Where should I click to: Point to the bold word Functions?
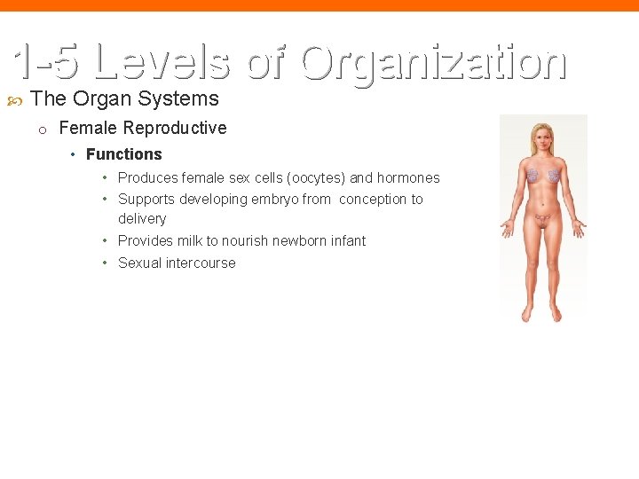pyautogui.click(x=124, y=154)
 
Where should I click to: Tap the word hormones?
pyautogui.click(x=408, y=177)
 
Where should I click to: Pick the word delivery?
pyautogui.click(x=142, y=219)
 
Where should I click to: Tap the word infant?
pyautogui.click(x=347, y=241)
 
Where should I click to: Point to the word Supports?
pyautogui.click(x=146, y=200)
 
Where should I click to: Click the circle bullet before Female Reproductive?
pyautogui.click(x=42, y=130)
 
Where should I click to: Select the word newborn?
pyautogui.click(x=297, y=241)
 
